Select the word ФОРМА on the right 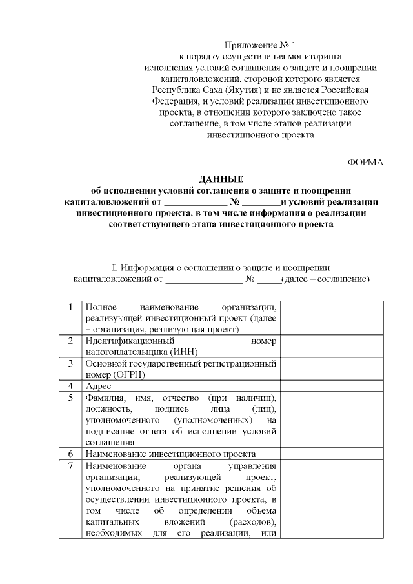365,162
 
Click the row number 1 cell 70,307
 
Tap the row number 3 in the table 70,363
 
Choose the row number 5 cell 70,396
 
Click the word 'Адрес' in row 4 98,386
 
